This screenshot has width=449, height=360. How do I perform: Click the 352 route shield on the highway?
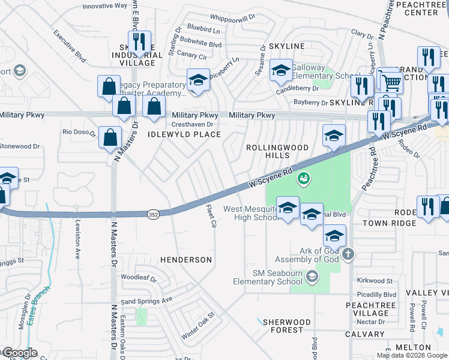click(154, 213)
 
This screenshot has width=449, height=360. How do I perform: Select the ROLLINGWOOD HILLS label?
click(278, 152)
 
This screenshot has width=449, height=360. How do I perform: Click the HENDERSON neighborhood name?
click(185, 260)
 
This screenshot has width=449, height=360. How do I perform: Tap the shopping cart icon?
click(391, 82)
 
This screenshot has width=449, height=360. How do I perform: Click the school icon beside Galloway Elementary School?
click(280, 71)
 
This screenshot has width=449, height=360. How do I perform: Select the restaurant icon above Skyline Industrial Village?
click(139, 42)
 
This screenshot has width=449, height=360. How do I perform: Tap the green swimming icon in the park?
click(304, 178)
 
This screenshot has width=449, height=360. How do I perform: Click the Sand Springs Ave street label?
click(146, 299)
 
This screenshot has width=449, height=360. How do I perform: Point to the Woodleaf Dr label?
click(139, 279)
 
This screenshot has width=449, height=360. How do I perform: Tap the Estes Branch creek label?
click(37, 301)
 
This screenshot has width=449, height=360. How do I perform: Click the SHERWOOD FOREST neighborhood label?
click(286, 326)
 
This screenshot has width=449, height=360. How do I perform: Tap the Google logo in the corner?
click(19, 353)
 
